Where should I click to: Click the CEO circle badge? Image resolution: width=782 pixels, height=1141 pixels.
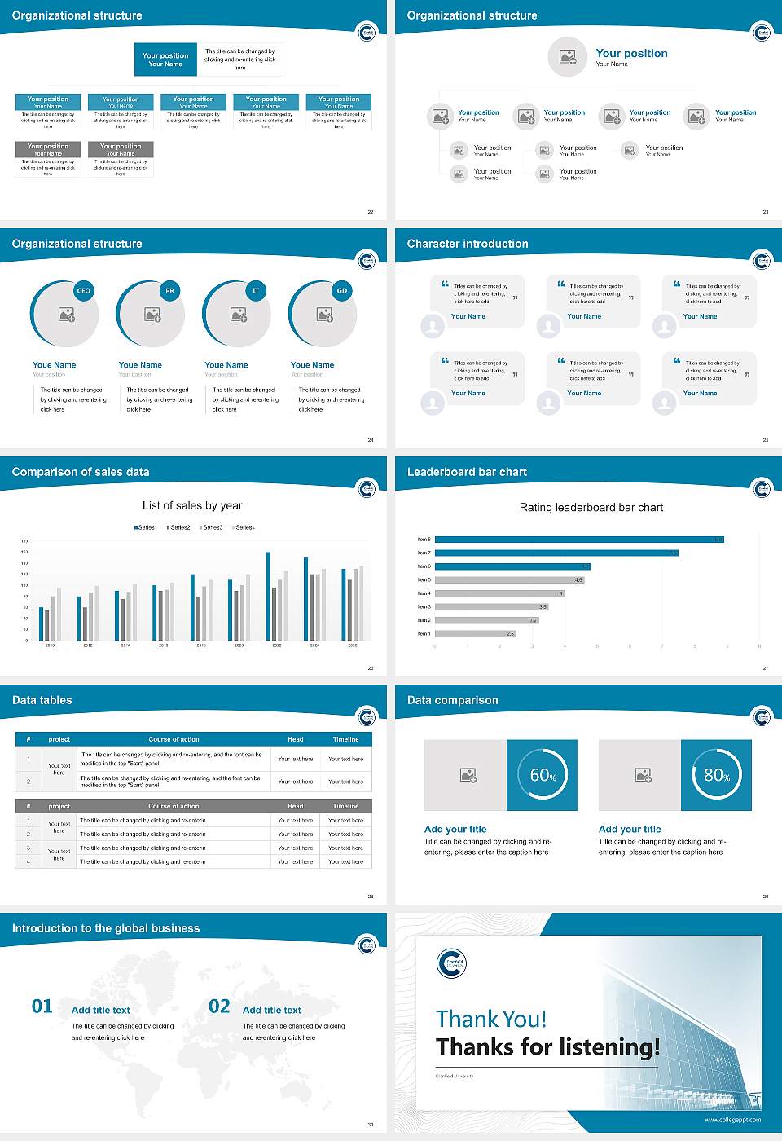[x=83, y=291]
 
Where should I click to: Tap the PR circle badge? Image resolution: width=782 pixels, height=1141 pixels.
[x=169, y=291]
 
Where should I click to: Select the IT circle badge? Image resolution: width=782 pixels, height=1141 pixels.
[x=256, y=291]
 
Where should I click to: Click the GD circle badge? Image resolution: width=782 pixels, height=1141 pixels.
[x=342, y=291]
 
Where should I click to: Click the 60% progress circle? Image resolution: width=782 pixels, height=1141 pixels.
[x=543, y=775]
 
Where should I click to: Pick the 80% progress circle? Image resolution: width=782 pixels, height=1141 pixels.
[x=717, y=775]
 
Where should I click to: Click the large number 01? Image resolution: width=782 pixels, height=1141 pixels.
[x=42, y=1007]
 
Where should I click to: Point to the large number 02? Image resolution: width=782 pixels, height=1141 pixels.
[x=220, y=1007]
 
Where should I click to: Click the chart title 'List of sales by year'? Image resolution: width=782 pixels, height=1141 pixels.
[x=192, y=505]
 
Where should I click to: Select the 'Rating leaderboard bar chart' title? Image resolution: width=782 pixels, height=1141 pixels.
[x=591, y=507]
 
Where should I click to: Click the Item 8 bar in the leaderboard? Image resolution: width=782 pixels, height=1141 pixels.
[x=578, y=540]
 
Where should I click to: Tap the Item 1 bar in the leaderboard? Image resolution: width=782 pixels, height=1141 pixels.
[x=475, y=633]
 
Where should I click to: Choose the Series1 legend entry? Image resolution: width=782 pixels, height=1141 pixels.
[x=146, y=527]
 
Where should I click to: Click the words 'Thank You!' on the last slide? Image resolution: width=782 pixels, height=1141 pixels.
[x=491, y=1019]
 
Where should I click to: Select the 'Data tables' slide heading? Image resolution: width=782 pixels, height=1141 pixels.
[x=42, y=700]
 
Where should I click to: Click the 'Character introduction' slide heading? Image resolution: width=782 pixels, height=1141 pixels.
[x=468, y=244]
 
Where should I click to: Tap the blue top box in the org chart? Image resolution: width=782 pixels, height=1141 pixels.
[x=165, y=59]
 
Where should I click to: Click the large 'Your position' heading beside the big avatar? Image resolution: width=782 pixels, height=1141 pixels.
[x=631, y=53]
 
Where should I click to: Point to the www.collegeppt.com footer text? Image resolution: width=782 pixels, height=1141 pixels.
[x=732, y=1120]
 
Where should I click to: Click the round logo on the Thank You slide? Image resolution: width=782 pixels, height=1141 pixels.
[x=451, y=963]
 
